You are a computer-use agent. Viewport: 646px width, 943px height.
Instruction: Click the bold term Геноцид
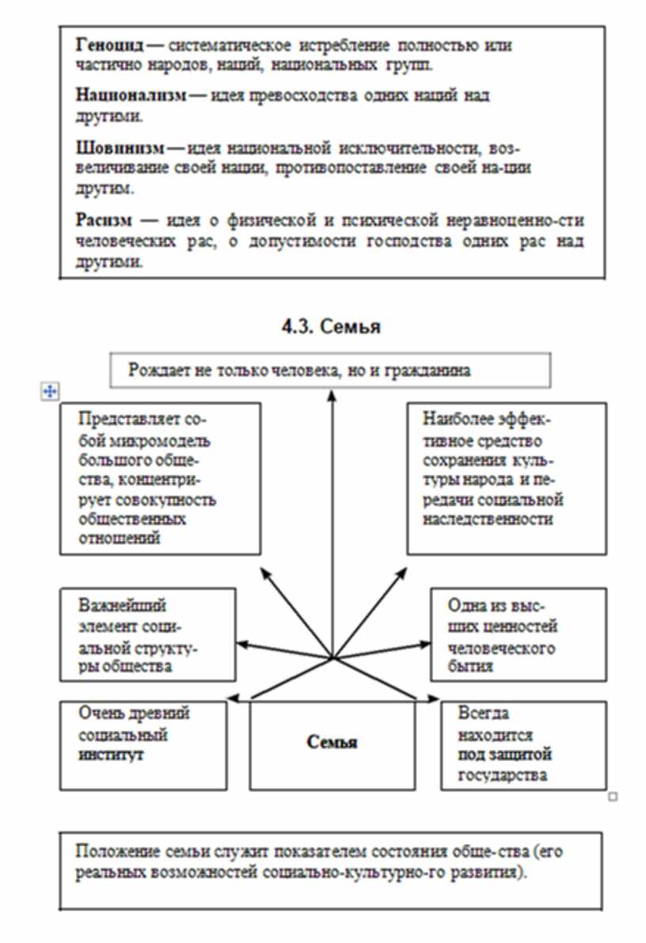(x=110, y=46)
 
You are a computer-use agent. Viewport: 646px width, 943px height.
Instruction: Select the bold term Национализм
(x=130, y=96)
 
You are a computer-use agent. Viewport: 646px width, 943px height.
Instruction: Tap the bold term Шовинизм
(x=120, y=148)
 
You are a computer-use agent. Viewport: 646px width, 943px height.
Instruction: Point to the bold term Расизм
(x=102, y=221)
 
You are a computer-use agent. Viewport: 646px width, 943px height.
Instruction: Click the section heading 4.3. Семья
(x=331, y=326)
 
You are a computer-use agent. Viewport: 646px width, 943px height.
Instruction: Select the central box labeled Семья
(x=332, y=743)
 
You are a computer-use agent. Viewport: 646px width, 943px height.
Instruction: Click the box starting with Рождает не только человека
(x=330, y=370)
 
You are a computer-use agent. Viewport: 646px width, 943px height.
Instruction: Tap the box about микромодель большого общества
(x=160, y=478)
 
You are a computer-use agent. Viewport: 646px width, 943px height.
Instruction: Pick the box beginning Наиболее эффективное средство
(x=507, y=478)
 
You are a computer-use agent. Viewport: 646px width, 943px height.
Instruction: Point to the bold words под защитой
(x=504, y=755)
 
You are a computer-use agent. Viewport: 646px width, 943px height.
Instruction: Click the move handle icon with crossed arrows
(x=49, y=390)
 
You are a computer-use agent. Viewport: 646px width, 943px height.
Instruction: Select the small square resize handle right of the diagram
(x=613, y=797)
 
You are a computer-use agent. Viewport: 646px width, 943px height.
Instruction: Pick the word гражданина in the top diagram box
(x=427, y=370)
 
